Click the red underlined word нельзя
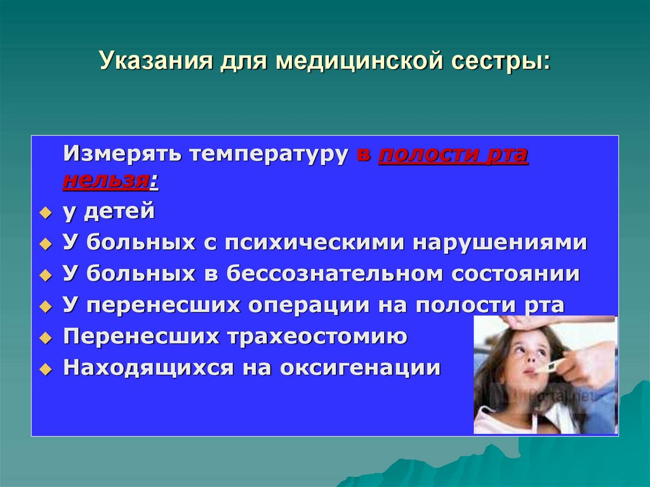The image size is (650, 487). click(105, 180)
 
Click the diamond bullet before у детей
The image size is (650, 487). click(44, 213)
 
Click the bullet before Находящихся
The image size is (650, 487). click(44, 369)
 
